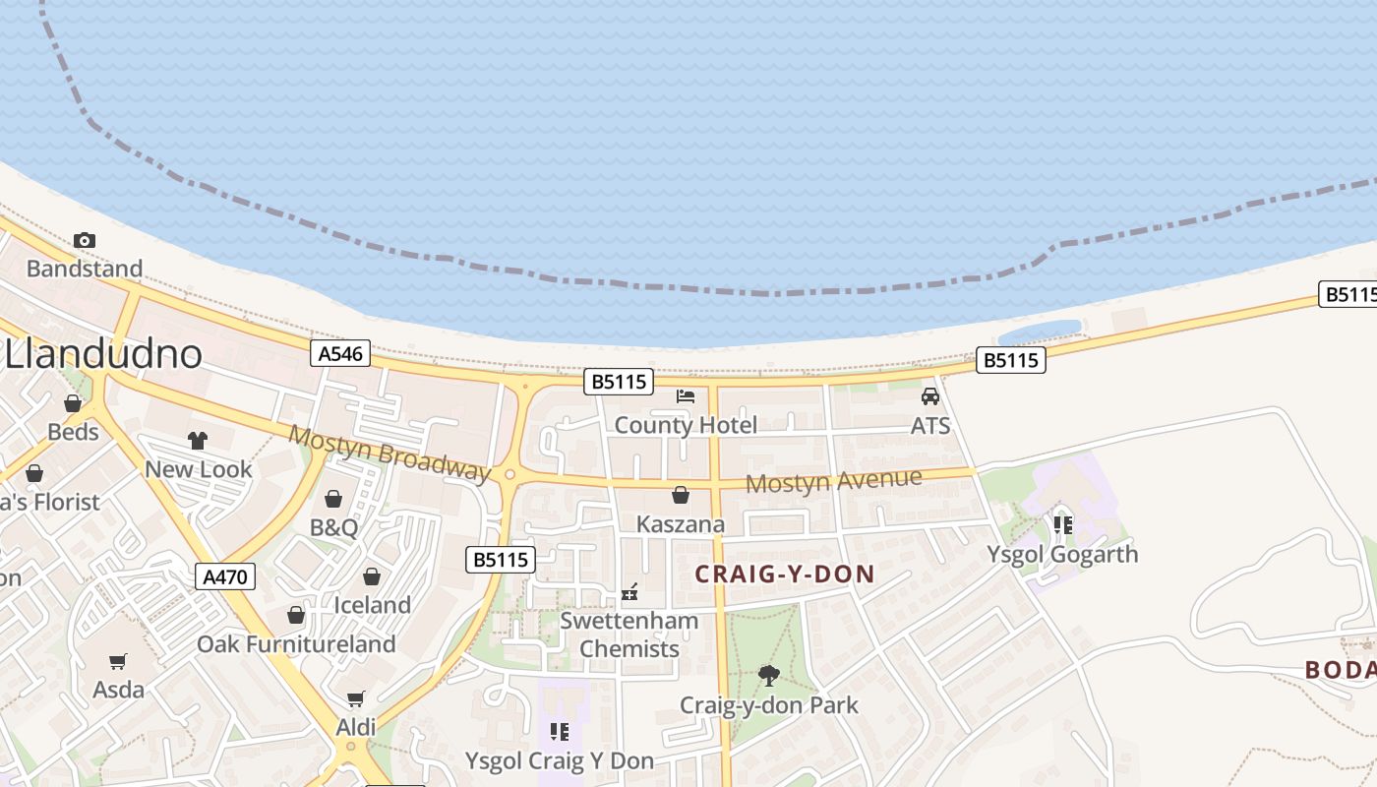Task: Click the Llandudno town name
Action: [x=104, y=354]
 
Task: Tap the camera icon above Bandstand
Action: [x=85, y=240]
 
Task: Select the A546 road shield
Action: [x=341, y=353]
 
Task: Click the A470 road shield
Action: [x=225, y=576]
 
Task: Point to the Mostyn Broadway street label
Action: [x=389, y=454]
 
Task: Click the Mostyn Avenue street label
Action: [x=834, y=482]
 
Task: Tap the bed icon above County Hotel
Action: [x=686, y=396]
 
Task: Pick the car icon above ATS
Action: [x=929, y=396]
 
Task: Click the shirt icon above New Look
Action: [x=198, y=440]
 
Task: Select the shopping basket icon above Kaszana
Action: [x=680, y=495]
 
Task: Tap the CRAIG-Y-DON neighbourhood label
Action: [x=785, y=575]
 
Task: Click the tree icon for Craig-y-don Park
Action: [x=768, y=676]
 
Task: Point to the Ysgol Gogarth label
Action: [x=1062, y=554]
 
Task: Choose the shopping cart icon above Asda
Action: [x=118, y=661]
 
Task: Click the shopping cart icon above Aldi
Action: [x=356, y=698]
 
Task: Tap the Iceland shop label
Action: [x=372, y=605]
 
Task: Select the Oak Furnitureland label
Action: [x=296, y=644]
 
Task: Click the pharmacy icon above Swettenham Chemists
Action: [x=630, y=592]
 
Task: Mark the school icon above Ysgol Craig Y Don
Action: [x=559, y=731]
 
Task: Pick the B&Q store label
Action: [x=334, y=527]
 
